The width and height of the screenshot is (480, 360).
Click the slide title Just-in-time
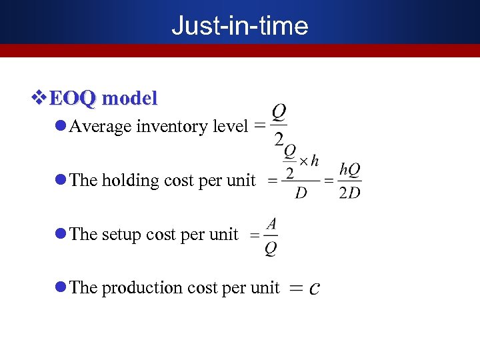click(x=239, y=25)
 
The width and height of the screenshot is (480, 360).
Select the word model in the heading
click(x=131, y=99)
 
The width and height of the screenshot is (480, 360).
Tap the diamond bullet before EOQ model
click(x=39, y=99)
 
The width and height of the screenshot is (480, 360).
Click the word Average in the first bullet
click(x=101, y=127)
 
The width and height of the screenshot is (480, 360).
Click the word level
click(x=227, y=127)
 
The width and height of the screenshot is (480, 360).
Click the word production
click(x=142, y=287)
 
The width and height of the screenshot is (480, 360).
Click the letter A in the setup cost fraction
click(x=271, y=223)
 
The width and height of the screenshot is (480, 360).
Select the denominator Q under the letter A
click(x=271, y=248)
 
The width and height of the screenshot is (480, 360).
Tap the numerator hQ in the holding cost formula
click(x=350, y=170)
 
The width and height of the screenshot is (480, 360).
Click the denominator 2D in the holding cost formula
click(x=349, y=193)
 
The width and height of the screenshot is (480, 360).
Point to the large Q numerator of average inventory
click(x=279, y=111)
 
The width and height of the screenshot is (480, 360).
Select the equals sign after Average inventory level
click(x=259, y=125)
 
